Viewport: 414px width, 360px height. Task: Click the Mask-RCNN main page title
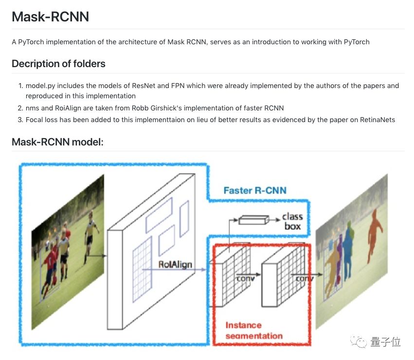pyautogui.click(x=50, y=16)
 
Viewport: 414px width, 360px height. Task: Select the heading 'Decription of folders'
pyautogui.click(x=58, y=64)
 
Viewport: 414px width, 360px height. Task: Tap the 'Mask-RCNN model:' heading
pyautogui.click(x=57, y=143)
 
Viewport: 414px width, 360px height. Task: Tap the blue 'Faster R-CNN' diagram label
pyautogui.click(x=254, y=190)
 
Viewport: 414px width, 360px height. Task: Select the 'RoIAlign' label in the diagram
pyautogui.click(x=175, y=265)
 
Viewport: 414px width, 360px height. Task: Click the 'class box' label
pyautogui.click(x=292, y=221)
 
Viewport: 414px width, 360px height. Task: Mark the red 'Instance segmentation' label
pyautogui.click(x=253, y=330)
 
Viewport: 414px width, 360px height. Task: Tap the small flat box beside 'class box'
pyautogui.click(x=253, y=220)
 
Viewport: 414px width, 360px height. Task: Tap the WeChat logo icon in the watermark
pyautogui.click(x=361, y=342)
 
